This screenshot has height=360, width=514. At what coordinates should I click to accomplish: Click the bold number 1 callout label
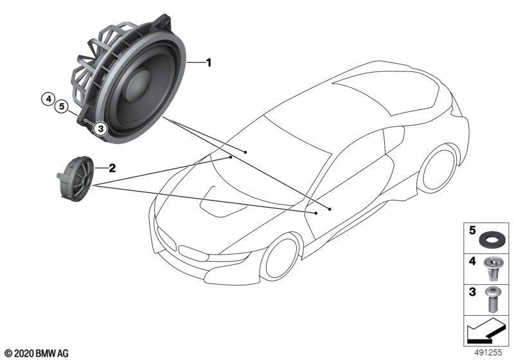click(x=208, y=62)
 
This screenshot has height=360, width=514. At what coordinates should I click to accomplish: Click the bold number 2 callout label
click(x=112, y=168)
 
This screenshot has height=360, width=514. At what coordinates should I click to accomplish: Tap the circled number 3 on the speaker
click(x=101, y=129)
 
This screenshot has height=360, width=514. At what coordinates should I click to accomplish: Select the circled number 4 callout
click(x=49, y=98)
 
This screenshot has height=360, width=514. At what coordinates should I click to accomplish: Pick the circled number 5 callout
click(x=62, y=106)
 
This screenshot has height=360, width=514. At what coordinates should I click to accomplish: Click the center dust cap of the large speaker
click(x=137, y=85)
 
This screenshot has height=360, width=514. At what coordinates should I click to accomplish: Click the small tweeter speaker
click(x=75, y=179)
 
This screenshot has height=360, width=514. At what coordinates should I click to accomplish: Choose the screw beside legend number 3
click(x=491, y=300)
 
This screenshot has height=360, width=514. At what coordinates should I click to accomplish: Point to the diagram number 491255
click(x=488, y=352)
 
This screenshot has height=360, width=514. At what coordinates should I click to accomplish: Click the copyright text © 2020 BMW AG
click(x=37, y=354)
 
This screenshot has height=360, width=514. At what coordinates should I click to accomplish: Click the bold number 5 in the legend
click(x=472, y=231)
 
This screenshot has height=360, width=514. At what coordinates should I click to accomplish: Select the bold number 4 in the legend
click(x=472, y=261)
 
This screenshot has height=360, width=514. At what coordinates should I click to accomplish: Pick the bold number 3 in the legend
click(x=472, y=292)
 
